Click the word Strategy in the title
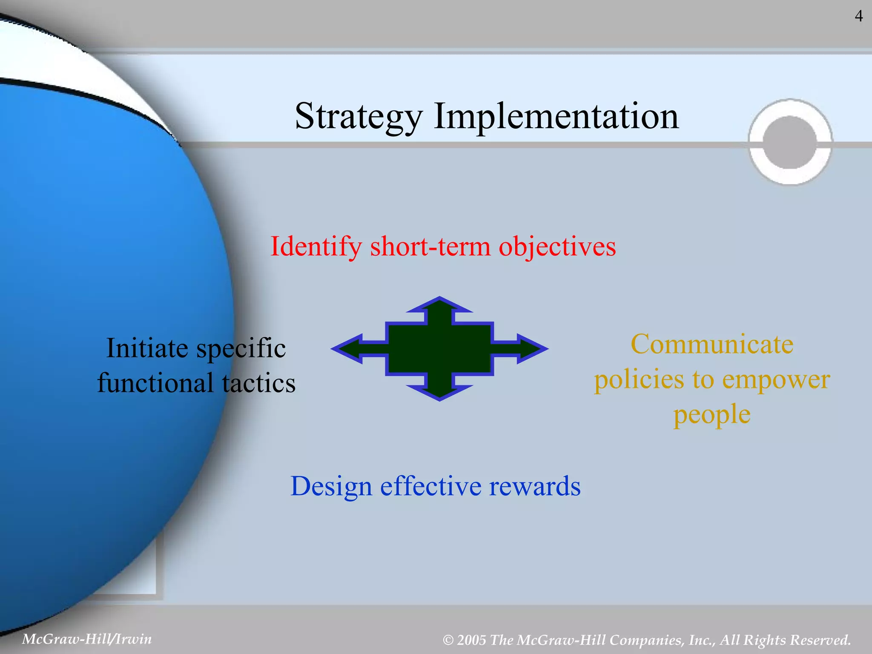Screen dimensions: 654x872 coord(358,116)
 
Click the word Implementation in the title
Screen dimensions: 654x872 coord(556,116)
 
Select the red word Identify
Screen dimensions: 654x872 coord(316,247)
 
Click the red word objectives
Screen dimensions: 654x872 coord(557,247)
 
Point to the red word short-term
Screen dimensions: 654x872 coord(430,247)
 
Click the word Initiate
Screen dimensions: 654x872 coord(147,348)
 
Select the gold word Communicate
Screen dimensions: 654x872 coord(712,344)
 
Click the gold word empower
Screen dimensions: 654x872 coord(776,380)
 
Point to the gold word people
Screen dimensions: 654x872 coord(712,414)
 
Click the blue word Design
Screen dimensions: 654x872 coord(331,486)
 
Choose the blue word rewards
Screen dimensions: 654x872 coord(534,486)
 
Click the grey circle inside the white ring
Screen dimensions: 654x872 coord(790,142)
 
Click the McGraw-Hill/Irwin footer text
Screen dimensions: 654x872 coord(86,639)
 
